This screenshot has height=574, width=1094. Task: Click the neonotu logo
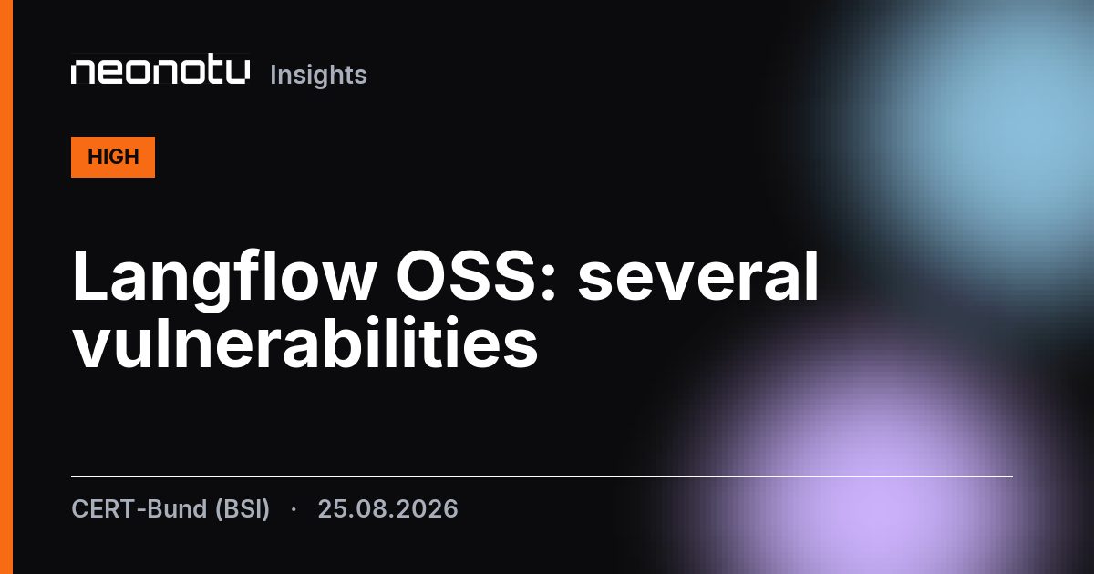tap(160, 72)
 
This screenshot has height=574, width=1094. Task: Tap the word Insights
tap(318, 75)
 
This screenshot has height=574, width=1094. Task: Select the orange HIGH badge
tap(113, 157)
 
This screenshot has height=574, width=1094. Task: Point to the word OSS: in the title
tap(477, 276)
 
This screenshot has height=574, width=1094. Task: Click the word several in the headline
tap(698, 276)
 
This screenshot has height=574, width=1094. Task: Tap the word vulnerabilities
tap(305, 343)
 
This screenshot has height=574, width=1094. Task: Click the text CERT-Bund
tap(139, 508)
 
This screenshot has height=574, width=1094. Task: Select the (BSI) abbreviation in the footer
tap(243, 509)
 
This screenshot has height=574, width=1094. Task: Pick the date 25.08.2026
tap(387, 509)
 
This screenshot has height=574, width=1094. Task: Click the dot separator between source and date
tap(294, 510)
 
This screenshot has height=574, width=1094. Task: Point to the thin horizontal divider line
tap(542, 476)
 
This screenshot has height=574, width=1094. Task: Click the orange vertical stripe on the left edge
tap(6, 287)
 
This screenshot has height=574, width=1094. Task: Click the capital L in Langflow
tap(90, 276)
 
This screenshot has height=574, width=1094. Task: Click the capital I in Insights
tap(273, 75)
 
